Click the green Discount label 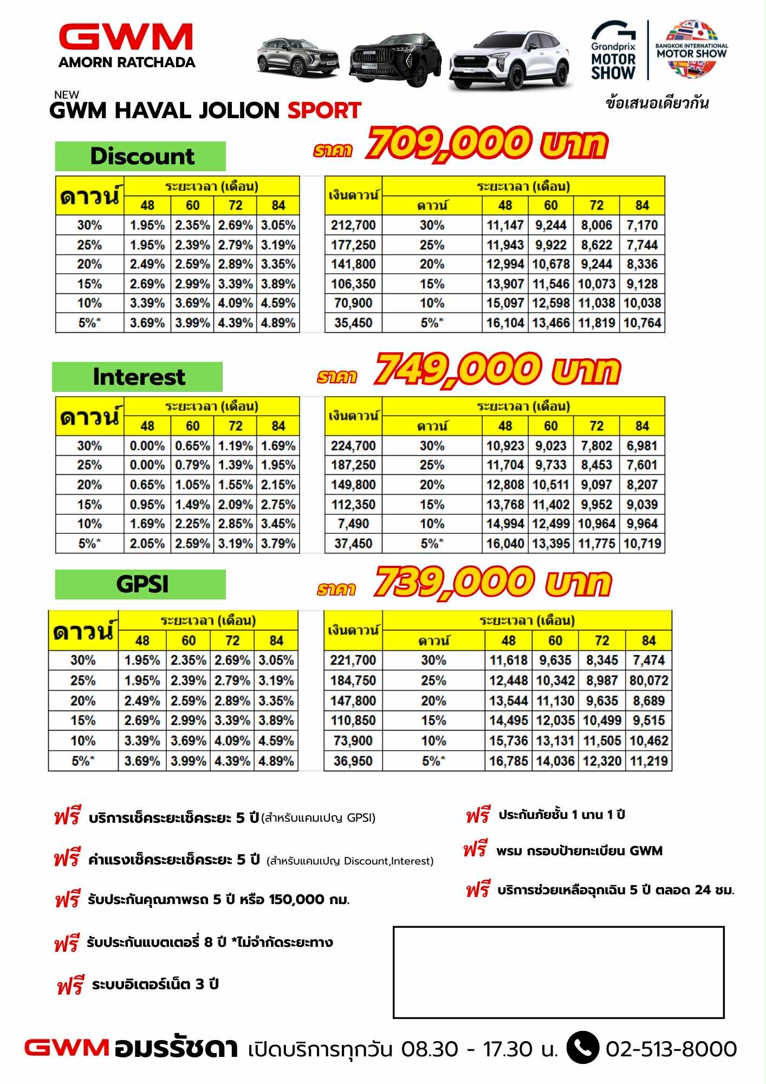(140, 156)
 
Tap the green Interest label (138, 377)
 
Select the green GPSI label (141, 584)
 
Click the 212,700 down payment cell (353, 225)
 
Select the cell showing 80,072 (648, 680)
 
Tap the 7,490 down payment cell (353, 524)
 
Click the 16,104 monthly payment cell (505, 323)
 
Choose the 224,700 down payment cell (353, 446)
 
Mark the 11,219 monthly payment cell (648, 761)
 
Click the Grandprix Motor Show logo (613, 51)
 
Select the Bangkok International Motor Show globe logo (692, 49)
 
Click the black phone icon (582, 1049)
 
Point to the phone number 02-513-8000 (671, 1049)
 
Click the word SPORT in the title (324, 111)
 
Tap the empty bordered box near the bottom (558, 972)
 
